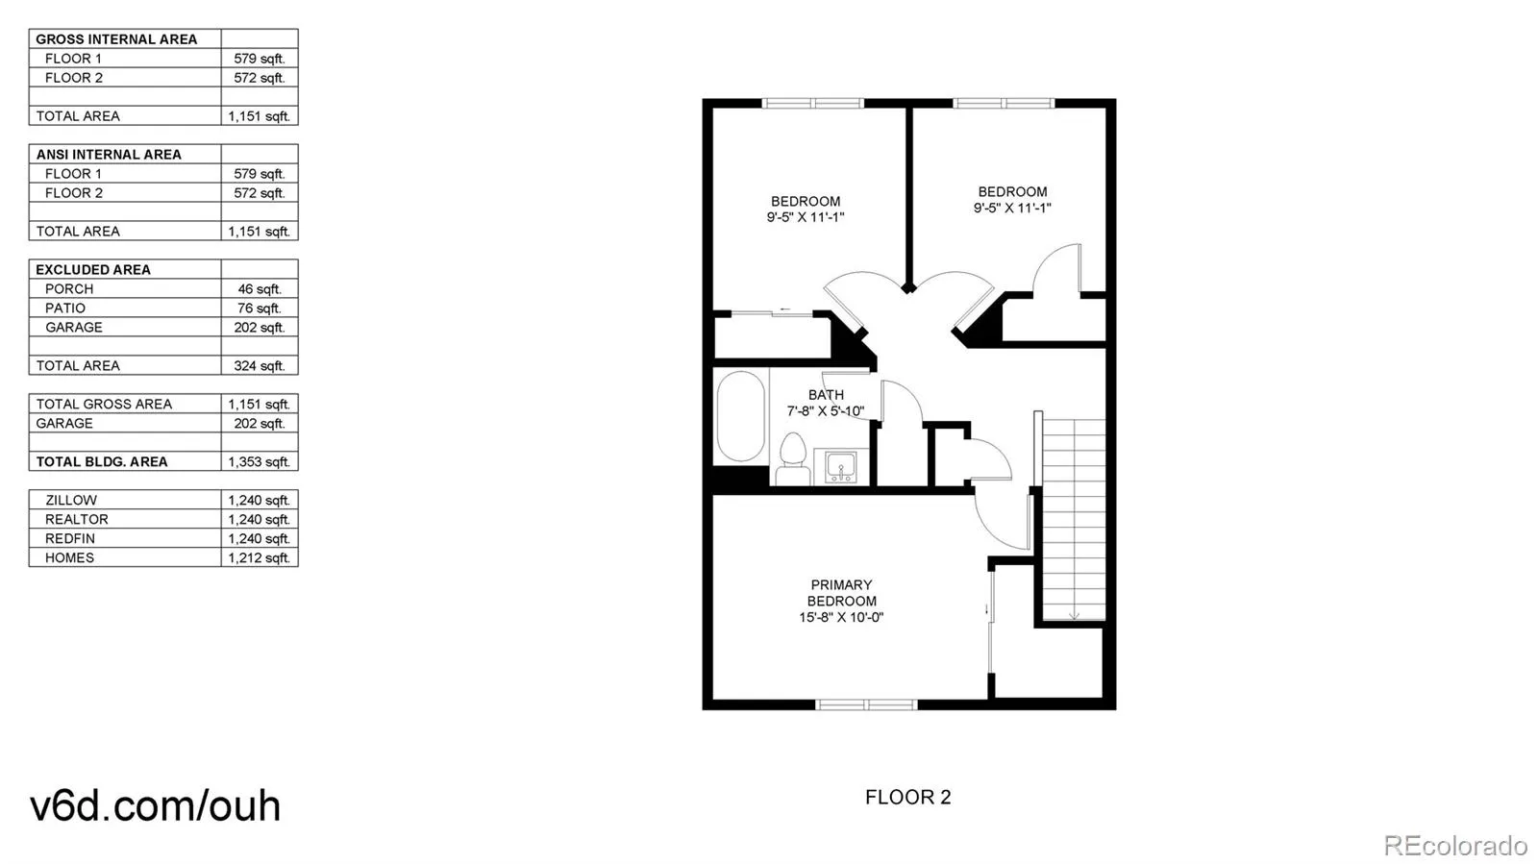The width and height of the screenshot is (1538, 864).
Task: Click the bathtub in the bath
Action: click(x=740, y=417)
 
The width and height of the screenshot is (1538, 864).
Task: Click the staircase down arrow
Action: click(x=1074, y=615)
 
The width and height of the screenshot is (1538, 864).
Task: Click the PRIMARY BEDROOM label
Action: click(x=841, y=593)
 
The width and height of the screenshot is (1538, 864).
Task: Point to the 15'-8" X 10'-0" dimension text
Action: click(x=841, y=618)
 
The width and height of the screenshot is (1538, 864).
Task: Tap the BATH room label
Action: click(x=826, y=395)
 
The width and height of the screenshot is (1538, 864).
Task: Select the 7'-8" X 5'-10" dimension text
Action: click(x=826, y=411)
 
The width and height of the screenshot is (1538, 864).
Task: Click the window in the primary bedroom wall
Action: click(x=866, y=704)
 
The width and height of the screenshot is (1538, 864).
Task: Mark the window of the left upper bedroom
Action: click(x=812, y=103)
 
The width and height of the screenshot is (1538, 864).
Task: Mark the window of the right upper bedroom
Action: click(x=1004, y=103)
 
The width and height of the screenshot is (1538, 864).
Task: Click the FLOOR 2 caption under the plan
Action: click(x=907, y=797)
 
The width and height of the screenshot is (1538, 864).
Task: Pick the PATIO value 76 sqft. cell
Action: click(x=260, y=309)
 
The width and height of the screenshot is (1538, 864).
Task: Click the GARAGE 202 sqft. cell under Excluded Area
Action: click(x=260, y=328)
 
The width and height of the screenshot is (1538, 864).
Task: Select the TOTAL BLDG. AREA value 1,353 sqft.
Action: click(x=260, y=462)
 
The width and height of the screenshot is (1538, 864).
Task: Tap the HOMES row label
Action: click(x=69, y=557)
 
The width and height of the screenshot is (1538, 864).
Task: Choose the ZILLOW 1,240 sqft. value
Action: click(x=260, y=501)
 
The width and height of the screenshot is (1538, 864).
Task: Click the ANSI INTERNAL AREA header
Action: click(x=109, y=155)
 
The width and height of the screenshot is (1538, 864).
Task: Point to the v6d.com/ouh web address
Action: click(x=155, y=805)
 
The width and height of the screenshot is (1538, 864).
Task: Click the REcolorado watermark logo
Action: click(x=1454, y=845)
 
